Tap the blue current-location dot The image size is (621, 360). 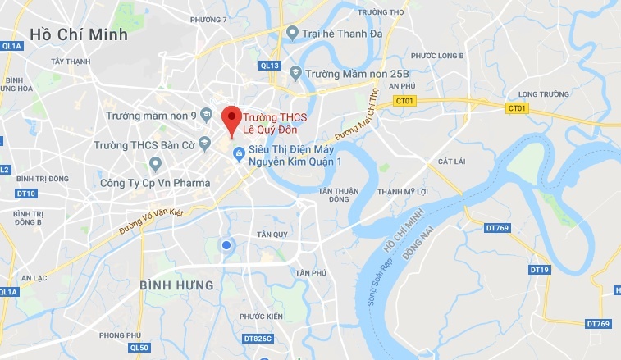tap(226, 244)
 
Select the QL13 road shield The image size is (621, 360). tap(270, 65)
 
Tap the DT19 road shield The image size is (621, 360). tap(538, 269)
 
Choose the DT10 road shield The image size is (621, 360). tap(26, 193)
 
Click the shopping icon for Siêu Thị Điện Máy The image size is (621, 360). tap(238, 153)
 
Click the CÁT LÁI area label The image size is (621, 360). tap(451, 162)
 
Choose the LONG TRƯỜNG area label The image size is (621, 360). tap(542, 94)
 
